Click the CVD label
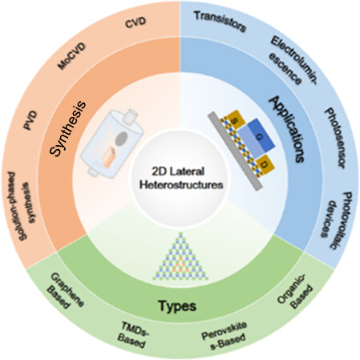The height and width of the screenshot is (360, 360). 136,22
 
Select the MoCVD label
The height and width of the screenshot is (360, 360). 72,56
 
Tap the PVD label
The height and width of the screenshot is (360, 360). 30,120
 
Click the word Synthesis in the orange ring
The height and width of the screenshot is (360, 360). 68,127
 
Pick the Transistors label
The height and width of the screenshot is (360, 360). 220,22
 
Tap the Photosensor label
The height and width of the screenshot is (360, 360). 334,138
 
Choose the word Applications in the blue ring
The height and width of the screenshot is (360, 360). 288,129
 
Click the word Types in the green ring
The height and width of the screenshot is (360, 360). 177,305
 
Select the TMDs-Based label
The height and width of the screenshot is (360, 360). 133,334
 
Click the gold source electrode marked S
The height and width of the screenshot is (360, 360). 235,119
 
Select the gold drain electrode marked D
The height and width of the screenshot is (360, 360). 265,164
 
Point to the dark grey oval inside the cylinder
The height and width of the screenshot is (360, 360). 121,139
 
